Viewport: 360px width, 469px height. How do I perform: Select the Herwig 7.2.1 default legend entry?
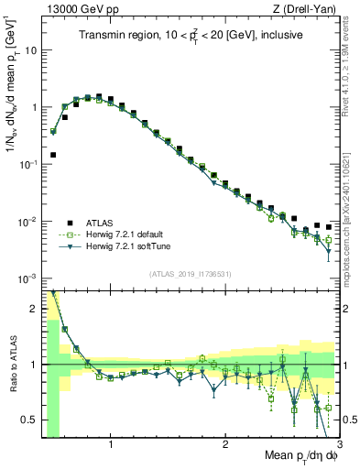pos(129,234)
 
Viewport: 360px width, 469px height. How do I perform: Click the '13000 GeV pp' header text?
pos(79,9)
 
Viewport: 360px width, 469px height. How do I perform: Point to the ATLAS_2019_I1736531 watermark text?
pos(191,274)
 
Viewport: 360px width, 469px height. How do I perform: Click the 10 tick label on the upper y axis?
pos(31,49)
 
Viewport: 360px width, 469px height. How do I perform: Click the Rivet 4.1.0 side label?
pos(352,64)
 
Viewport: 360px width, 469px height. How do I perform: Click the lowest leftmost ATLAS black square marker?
pos(53,155)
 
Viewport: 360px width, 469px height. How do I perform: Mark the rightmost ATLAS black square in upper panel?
pos(328,227)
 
